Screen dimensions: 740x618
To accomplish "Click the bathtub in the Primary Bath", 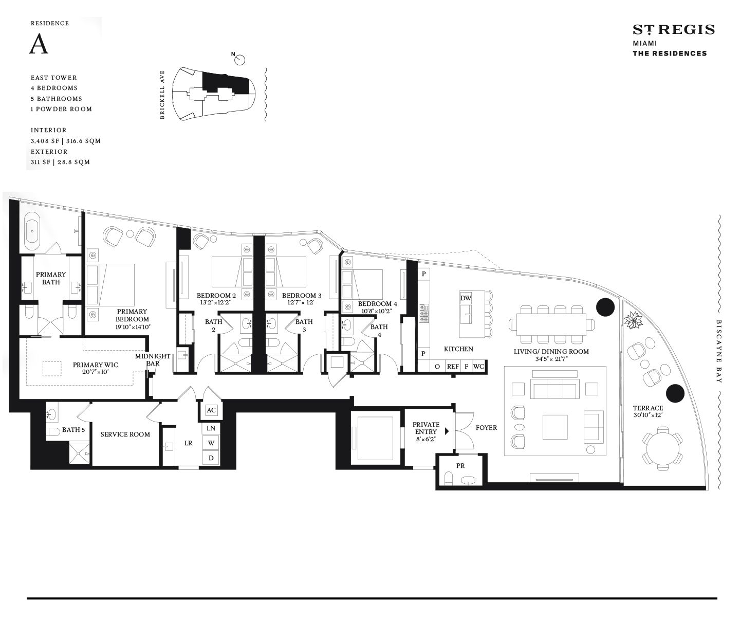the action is [32, 231].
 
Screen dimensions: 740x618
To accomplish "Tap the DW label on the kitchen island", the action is [466, 298].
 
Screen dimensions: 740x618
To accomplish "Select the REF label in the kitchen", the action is [453, 367].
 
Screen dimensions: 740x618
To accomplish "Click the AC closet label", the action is [211, 410].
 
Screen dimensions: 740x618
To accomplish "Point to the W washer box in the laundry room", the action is [211, 443].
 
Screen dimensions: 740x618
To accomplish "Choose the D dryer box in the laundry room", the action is [211, 458].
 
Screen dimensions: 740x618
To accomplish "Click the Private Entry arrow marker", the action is [447, 431].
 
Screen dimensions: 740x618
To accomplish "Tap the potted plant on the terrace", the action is [633, 320].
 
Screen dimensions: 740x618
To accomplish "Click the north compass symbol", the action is [239, 59].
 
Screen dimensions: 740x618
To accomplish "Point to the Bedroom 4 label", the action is [377, 304].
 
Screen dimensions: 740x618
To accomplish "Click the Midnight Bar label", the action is [153, 359].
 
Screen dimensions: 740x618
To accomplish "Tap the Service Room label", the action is [125, 434].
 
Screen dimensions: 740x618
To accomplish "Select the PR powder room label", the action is [460, 466].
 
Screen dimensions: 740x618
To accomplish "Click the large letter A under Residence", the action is [38, 44].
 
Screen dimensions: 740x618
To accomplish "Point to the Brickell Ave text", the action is [162, 95].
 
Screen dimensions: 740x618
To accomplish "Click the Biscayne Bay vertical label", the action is [719, 351].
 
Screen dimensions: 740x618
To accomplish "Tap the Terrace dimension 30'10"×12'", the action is [648, 415].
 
